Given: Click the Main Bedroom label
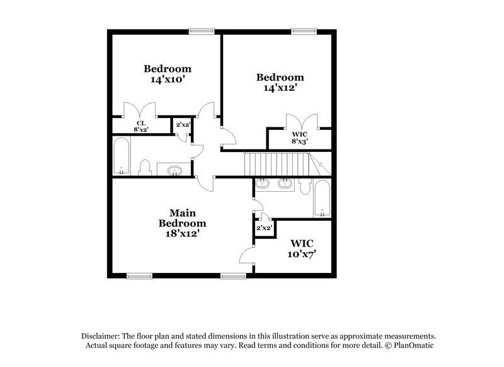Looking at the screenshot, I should coord(182,218).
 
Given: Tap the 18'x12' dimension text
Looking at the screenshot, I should coord(182,233).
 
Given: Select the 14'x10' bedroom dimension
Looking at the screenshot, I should coord(167,80).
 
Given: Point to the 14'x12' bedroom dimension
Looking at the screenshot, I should coord(280,89).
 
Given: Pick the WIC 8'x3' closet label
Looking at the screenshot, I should coord(300,138).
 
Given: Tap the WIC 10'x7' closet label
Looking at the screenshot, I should coord(302,248).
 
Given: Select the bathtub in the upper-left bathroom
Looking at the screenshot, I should coord(121,156).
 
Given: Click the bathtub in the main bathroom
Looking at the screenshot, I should coord(322,198).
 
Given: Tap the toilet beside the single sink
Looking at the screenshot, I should coord(144,168).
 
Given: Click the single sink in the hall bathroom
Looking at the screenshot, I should coord(174,170).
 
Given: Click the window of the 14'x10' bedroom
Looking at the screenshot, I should coord(202,31).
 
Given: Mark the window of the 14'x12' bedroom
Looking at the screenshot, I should coord(308,31).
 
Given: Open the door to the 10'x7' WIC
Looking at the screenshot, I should coord(247,255).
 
